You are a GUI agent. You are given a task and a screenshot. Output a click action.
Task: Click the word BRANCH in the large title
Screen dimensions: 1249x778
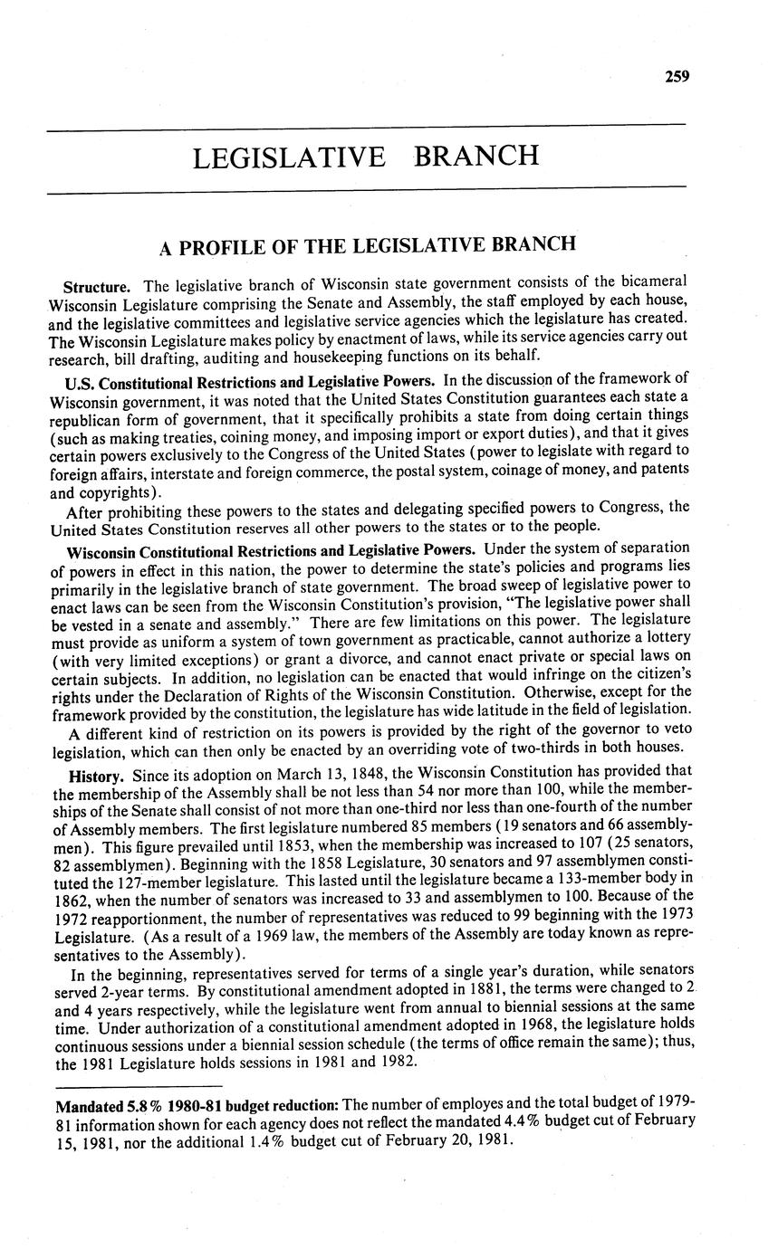tap(475, 157)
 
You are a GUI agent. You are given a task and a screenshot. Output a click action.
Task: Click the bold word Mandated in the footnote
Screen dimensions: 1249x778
tap(88, 1106)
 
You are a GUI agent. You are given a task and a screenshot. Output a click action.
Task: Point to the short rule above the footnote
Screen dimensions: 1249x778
tap(139, 1085)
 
